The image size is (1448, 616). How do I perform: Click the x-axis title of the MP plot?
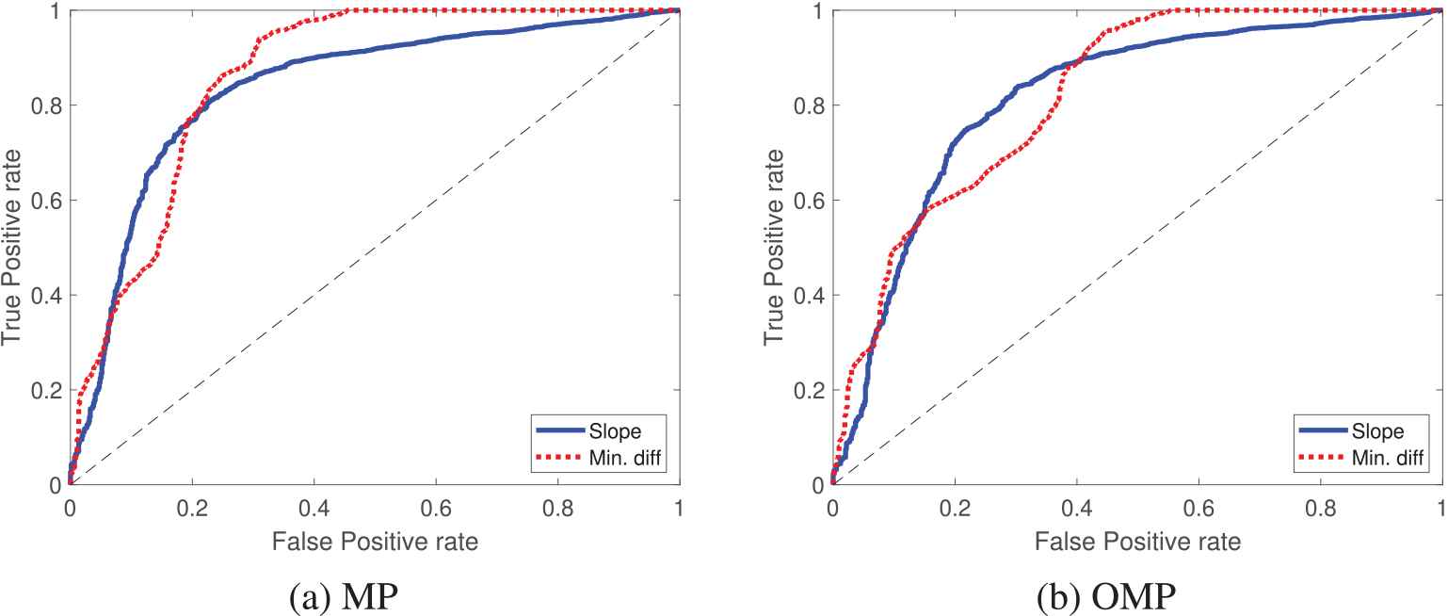pyautogui.click(x=374, y=542)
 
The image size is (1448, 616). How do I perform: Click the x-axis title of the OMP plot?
pyautogui.click(x=1136, y=542)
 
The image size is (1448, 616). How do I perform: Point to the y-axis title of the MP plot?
pyautogui.click(x=15, y=248)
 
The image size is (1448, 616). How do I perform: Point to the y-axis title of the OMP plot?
pyautogui.click(x=776, y=248)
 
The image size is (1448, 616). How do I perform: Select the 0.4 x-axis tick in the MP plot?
pyautogui.click(x=314, y=506)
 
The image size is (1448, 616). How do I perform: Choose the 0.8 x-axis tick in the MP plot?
pyautogui.click(x=558, y=506)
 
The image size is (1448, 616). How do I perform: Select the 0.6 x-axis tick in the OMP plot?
pyautogui.click(x=1199, y=506)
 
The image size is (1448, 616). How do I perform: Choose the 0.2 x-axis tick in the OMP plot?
pyautogui.click(x=954, y=506)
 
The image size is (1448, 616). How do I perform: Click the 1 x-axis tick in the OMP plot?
pyautogui.click(x=1441, y=506)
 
